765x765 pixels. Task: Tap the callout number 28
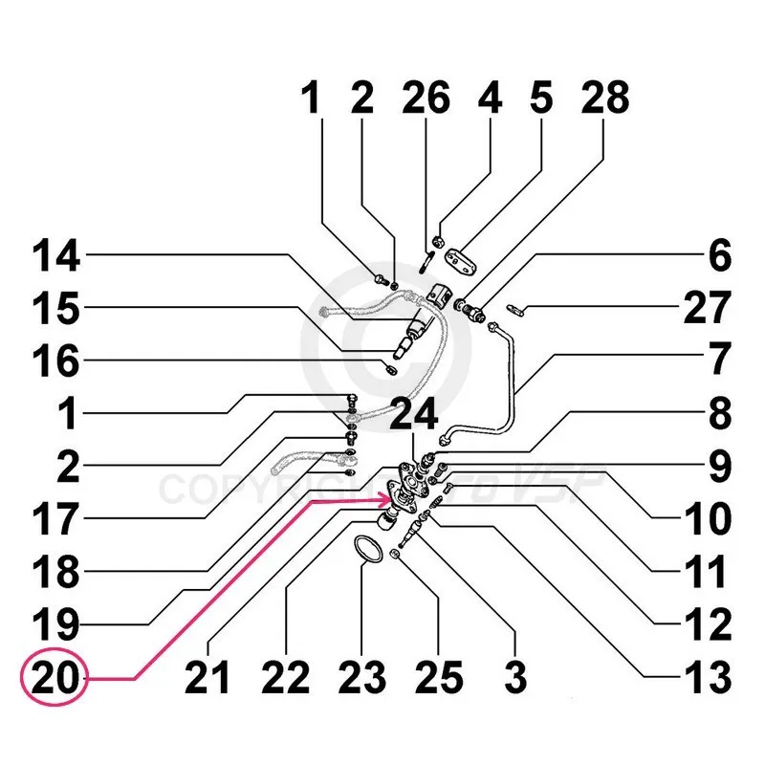[x=604, y=100]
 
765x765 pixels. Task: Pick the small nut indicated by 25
[x=395, y=556]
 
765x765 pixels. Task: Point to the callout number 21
[x=208, y=679]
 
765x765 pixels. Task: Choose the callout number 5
[x=542, y=100]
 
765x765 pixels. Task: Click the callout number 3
[x=515, y=679]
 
